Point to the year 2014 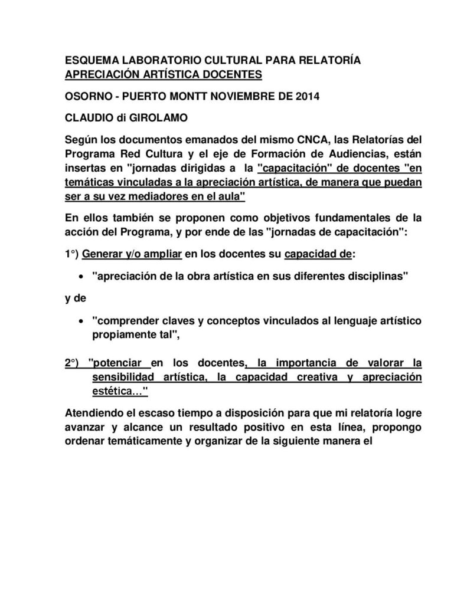307,96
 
